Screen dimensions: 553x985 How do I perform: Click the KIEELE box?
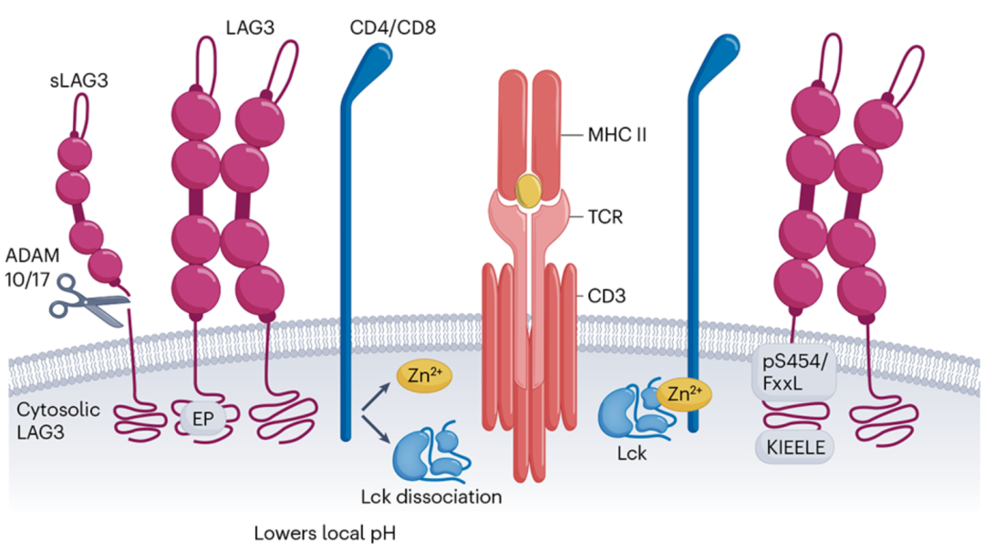pos(793,447)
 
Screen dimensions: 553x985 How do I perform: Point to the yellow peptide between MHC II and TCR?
pos(527,189)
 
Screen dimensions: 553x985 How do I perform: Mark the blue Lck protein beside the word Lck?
pos(627,412)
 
